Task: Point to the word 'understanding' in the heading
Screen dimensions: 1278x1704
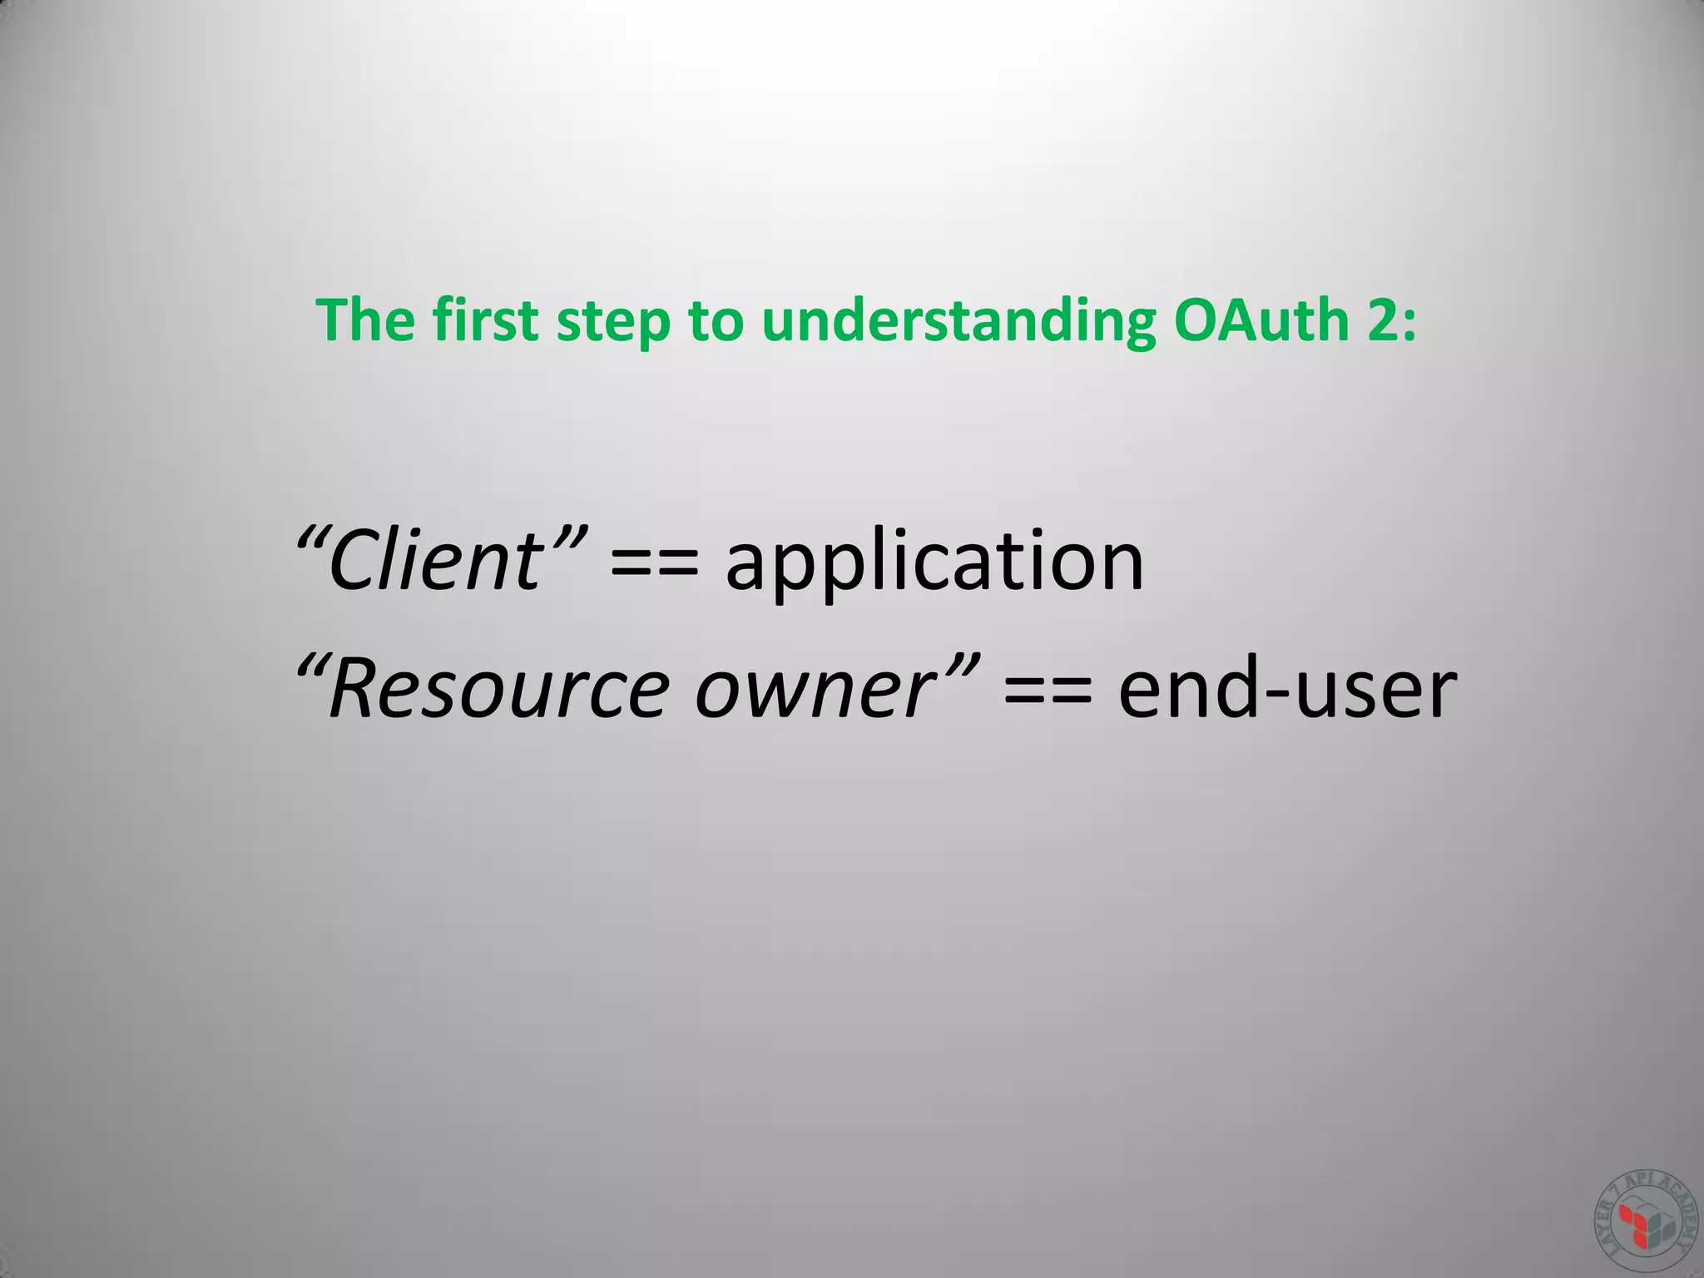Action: tap(958, 321)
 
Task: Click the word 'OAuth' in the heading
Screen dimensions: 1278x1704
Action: tap(1261, 319)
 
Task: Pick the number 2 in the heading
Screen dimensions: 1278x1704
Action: tap(1382, 320)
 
